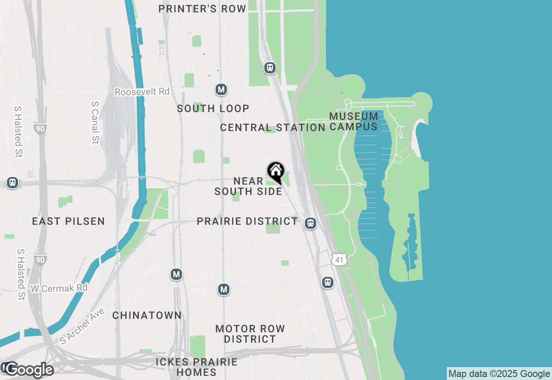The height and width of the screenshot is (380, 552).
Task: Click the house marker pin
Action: point(276,171)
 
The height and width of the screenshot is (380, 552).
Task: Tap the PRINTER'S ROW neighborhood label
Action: point(202,9)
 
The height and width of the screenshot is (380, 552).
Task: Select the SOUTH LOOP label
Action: point(213,108)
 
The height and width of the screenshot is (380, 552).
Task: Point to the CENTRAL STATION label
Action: point(273,127)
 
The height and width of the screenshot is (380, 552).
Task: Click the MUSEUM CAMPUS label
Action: point(354,121)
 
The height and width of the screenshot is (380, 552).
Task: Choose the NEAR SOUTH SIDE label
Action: point(248,186)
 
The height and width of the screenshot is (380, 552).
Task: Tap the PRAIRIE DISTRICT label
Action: point(247,222)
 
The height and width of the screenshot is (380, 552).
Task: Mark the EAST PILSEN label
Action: point(69,222)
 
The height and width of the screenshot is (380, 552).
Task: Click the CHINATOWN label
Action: point(147,316)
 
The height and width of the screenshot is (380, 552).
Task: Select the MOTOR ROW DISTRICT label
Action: point(250,334)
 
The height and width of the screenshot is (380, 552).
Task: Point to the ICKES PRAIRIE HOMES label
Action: point(197,367)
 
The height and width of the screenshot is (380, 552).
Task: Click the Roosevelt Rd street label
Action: point(142,92)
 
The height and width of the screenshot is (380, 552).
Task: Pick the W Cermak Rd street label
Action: point(59,288)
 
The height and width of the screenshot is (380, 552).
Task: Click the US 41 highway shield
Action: point(339,259)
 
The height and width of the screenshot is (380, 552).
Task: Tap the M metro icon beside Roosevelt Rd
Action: point(221,90)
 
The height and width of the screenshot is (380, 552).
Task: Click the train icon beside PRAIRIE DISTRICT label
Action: point(310,223)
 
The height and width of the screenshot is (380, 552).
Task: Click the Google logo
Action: point(29,370)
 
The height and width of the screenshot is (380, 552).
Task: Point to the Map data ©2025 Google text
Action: point(499,374)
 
